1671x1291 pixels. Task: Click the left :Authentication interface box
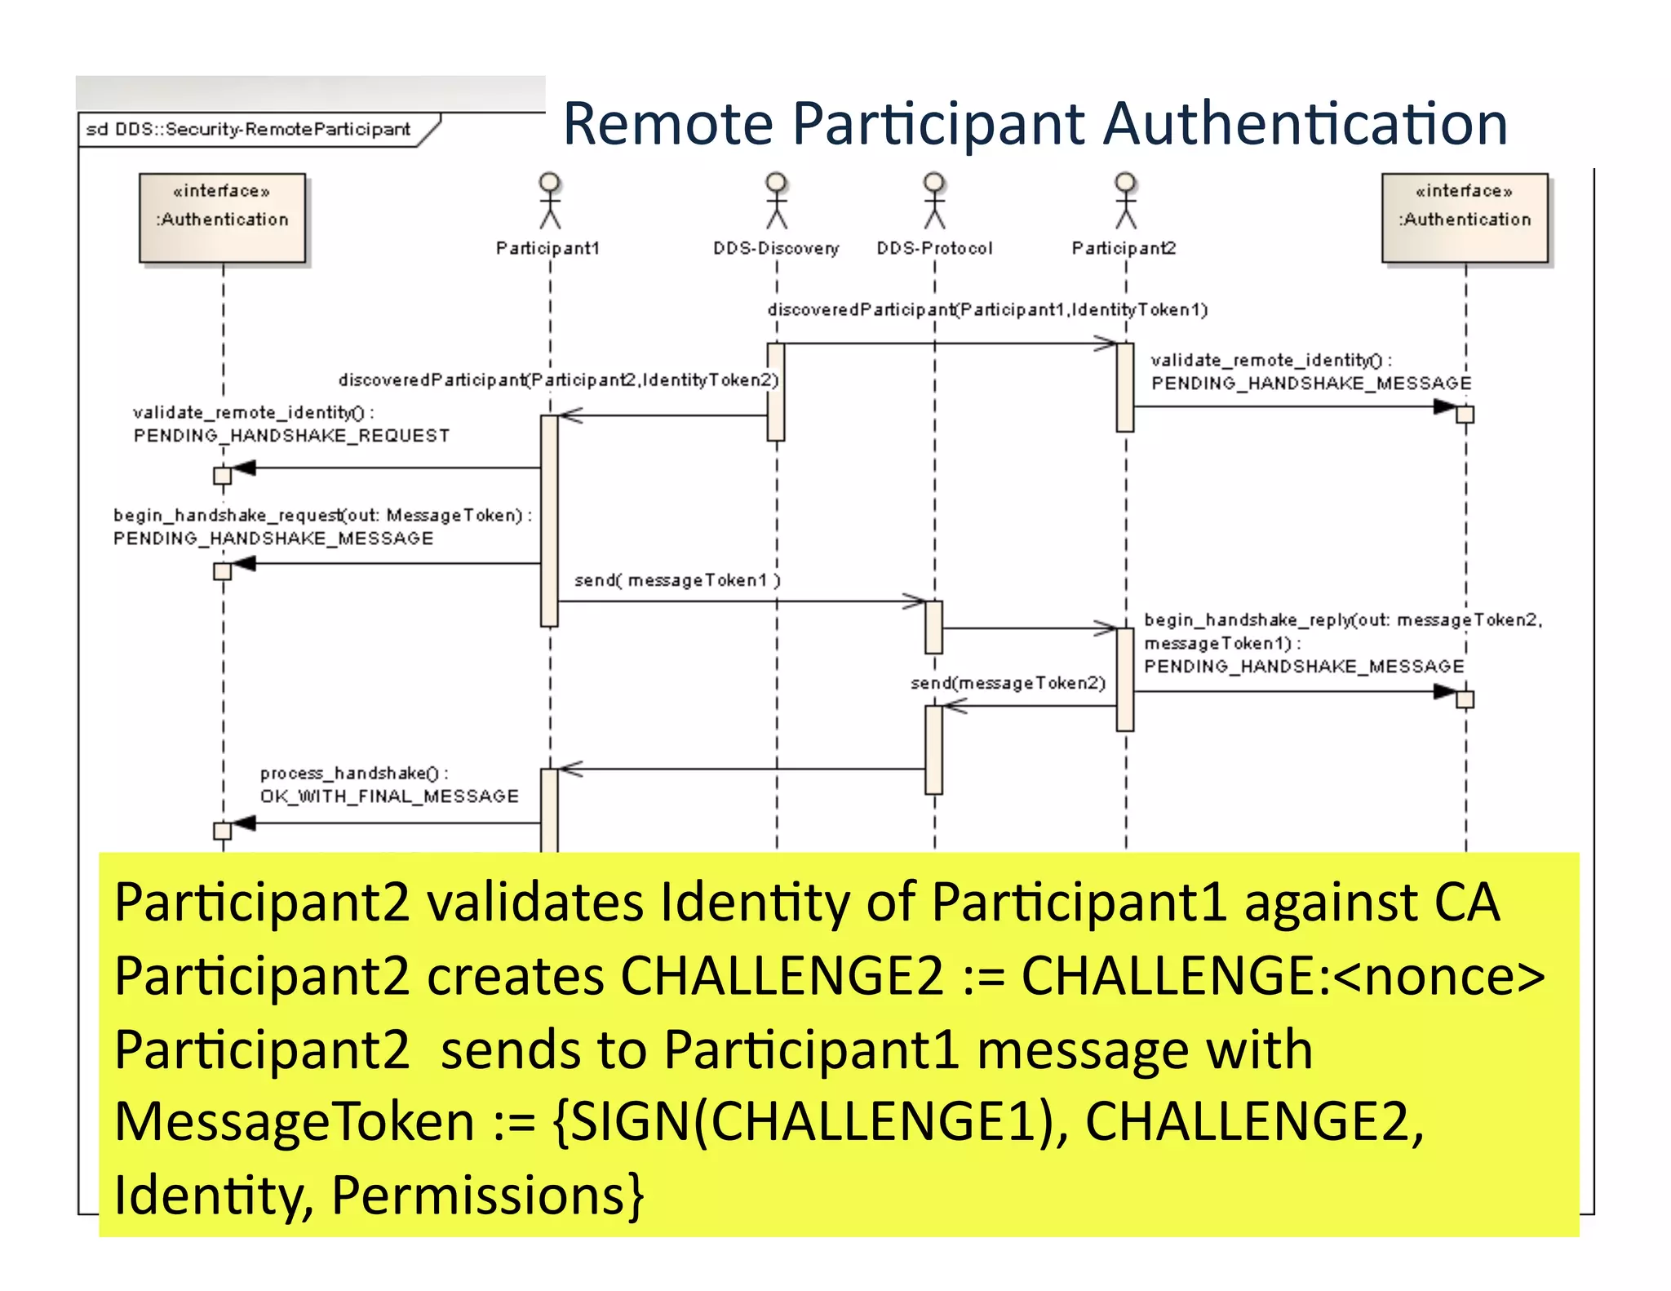coord(222,218)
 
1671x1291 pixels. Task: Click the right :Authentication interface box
coord(1465,218)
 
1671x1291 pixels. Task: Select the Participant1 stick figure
coord(550,201)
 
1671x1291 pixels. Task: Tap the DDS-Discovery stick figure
coord(776,201)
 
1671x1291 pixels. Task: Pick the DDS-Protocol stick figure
coord(934,201)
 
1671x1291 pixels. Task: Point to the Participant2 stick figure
coord(1126,201)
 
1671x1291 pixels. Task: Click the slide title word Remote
coord(667,124)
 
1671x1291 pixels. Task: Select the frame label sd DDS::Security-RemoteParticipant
coord(248,130)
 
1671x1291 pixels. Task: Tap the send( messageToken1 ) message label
coord(676,580)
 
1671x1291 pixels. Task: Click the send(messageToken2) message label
coord(1008,683)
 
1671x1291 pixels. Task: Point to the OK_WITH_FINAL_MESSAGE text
coord(389,796)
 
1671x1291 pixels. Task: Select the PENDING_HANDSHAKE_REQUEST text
coord(291,436)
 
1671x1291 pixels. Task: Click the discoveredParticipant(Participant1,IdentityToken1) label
coord(987,310)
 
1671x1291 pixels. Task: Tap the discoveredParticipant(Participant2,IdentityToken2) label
coord(559,380)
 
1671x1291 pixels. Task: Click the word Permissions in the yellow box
coord(487,1195)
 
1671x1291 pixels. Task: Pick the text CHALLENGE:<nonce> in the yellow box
coord(1283,976)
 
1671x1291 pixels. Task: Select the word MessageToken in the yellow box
coord(294,1122)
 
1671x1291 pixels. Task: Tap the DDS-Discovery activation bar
coord(776,392)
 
